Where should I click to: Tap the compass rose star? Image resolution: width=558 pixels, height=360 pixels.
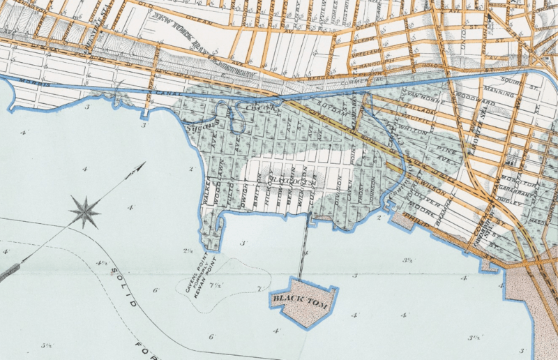(84, 211)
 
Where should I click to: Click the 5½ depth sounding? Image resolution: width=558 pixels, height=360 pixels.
(47, 345)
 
